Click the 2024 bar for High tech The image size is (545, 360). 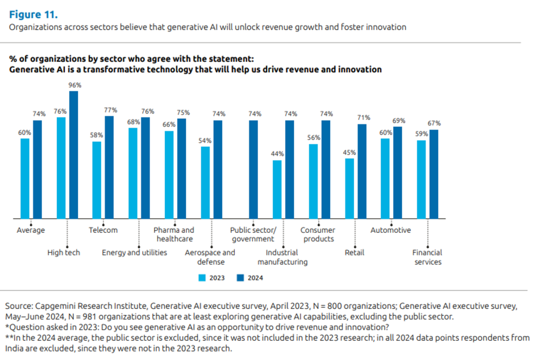click(73, 155)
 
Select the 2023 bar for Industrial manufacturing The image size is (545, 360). click(277, 190)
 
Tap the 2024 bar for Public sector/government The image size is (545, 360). click(253, 170)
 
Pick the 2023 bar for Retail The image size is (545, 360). click(350, 189)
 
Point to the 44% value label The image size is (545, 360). click(277, 154)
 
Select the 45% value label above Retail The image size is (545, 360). click(350, 152)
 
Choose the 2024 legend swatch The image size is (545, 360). click(240, 278)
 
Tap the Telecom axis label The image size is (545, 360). click(103, 231)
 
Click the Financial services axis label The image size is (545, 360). click(427, 257)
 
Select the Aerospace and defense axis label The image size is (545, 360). click(210, 257)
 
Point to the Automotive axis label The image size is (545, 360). click(390, 231)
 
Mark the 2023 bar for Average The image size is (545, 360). click(25, 178)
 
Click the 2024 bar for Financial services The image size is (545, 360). click(434, 174)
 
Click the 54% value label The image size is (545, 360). click(205, 140)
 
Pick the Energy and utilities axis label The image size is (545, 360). click(135, 253)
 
